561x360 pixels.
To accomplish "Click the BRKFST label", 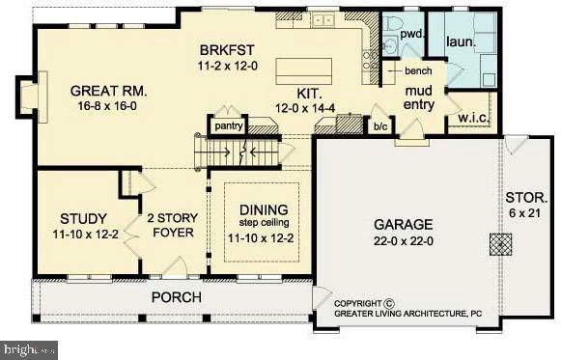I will point(227,49).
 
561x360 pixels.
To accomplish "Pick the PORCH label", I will point(176,296).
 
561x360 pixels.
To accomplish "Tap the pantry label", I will point(228,125).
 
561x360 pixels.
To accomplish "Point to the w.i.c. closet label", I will point(472,119).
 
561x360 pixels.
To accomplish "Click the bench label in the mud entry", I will point(418,71).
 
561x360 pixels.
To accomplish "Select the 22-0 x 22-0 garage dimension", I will point(404,242).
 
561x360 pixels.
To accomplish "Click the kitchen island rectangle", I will point(304,70).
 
